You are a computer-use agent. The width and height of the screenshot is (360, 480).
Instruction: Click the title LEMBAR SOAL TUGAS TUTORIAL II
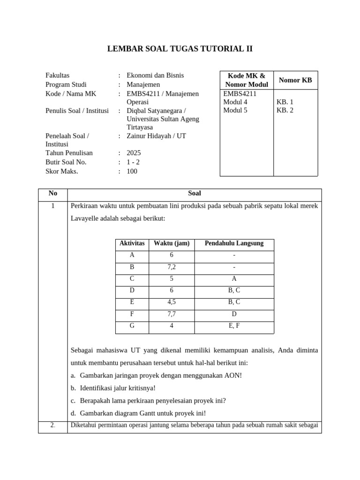click(x=180, y=49)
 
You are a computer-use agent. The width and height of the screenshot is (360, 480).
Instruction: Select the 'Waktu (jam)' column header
click(x=172, y=243)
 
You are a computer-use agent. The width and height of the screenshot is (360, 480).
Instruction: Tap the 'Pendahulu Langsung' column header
click(x=234, y=243)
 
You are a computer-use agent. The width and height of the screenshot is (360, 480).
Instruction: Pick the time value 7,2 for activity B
click(x=172, y=267)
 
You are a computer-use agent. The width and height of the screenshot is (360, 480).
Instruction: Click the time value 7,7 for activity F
click(x=172, y=314)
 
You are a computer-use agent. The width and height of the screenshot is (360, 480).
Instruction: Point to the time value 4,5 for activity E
click(x=172, y=302)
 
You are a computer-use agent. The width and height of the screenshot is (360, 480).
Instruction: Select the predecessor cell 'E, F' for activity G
click(x=234, y=325)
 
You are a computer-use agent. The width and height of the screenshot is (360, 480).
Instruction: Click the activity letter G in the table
click(x=132, y=325)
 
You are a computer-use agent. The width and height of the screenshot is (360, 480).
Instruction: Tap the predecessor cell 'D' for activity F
click(x=234, y=314)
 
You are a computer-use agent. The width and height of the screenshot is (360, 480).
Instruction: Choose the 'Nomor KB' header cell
click(x=295, y=80)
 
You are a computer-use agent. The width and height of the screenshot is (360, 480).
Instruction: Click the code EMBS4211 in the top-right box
click(x=240, y=93)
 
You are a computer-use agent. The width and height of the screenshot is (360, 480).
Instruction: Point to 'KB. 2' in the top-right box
click(x=285, y=111)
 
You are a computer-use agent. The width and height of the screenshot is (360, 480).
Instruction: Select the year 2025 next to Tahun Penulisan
click(x=134, y=153)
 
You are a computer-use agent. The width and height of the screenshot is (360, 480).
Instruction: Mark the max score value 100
click(x=132, y=171)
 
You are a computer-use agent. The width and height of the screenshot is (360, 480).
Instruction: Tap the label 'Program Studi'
click(x=66, y=84)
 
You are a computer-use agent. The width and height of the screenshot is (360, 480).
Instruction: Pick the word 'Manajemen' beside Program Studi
click(x=143, y=84)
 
